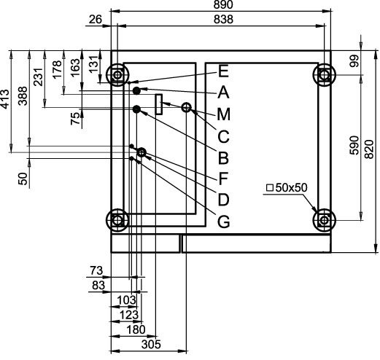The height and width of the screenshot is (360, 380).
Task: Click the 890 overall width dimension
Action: [x=223, y=4]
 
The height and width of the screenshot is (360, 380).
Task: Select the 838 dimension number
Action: [x=223, y=19]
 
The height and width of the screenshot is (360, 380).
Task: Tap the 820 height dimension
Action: [x=369, y=149]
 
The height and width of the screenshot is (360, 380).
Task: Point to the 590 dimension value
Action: [x=354, y=146]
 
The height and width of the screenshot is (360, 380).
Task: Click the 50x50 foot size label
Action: [x=287, y=187]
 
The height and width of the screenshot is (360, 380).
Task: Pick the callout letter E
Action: [x=223, y=71]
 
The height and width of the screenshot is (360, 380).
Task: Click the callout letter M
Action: [x=223, y=114]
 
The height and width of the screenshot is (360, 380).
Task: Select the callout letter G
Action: [x=223, y=222]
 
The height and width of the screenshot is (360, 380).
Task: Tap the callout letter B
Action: [x=223, y=157]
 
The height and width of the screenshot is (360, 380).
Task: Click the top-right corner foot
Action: [x=324, y=74]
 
